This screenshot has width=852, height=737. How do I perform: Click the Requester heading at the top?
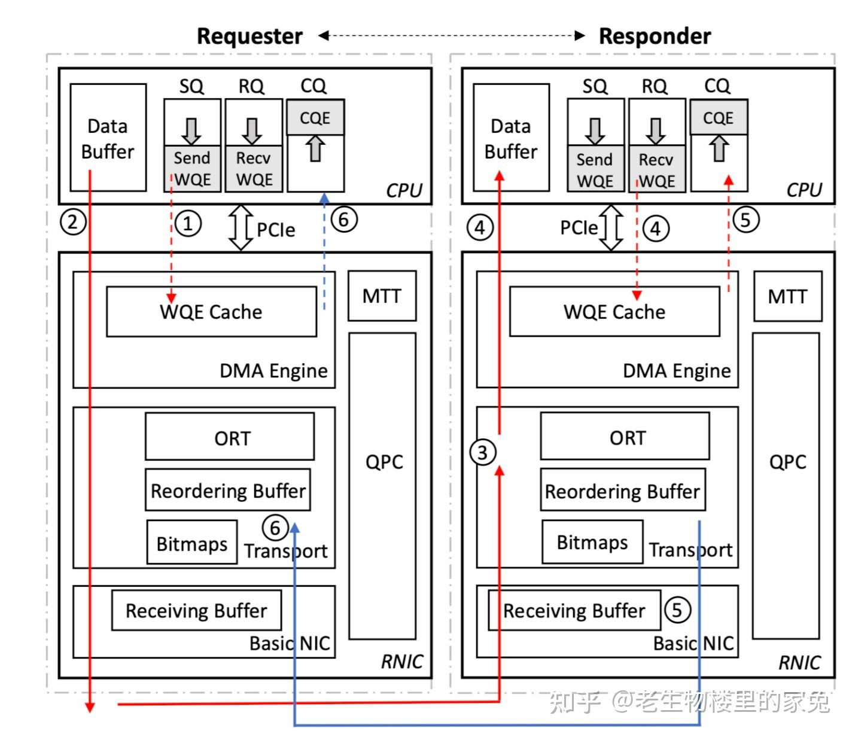click(249, 36)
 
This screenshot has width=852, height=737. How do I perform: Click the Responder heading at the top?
click(655, 36)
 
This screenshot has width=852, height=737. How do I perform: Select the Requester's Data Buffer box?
click(108, 138)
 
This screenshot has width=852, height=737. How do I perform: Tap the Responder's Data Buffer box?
click(511, 138)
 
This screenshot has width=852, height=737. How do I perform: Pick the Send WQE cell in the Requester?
click(192, 169)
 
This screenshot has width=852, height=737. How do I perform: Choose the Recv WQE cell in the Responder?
click(656, 170)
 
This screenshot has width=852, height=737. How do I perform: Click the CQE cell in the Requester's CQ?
click(315, 117)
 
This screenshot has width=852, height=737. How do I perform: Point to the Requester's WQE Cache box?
click(211, 312)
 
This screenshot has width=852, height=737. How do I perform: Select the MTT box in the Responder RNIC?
click(787, 296)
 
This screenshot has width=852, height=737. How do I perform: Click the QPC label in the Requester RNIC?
click(384, 462)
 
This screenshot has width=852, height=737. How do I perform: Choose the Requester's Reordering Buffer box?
click(228, 491)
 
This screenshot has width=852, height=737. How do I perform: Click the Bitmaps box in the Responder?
click(592, 542)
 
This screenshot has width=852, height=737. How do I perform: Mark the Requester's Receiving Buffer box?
click(196, 610)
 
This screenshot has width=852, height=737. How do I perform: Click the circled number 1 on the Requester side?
click(188, 224)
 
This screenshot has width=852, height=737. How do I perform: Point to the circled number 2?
click(73, 222)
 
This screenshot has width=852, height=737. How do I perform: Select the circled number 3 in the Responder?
click(483, 452)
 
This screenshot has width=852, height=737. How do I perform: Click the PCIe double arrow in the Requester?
click(241, 228)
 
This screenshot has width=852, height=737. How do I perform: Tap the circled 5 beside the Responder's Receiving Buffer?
click(677, 610)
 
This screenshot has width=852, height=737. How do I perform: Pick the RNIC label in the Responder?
click(800, 662)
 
